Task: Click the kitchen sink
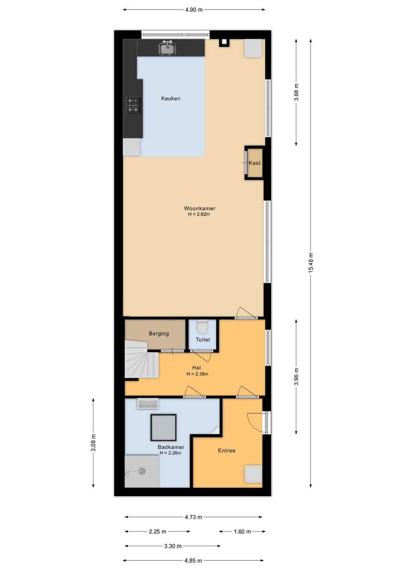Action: coord(167,48)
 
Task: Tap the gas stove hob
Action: coord(133,105)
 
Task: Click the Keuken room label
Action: coord(171,99)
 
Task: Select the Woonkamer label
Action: coord(200,208)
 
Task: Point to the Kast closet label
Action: coord(254,163)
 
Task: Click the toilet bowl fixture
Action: coord(203,326)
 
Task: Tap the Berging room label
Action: coord(159,334)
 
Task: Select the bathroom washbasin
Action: coord(148,403)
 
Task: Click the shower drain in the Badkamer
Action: coord(142,471)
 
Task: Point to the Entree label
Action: coord(227,450)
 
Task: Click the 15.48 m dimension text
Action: coord(310,263)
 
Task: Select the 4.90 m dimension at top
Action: coord(194,10)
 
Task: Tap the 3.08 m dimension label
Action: coord(93,443)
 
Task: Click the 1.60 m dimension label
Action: coord(242,531)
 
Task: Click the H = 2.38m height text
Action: coord(197,374)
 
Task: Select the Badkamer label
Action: coord(171,447)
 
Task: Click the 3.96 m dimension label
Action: coord(296,377)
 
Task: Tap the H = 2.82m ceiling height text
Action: coord(199,214)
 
